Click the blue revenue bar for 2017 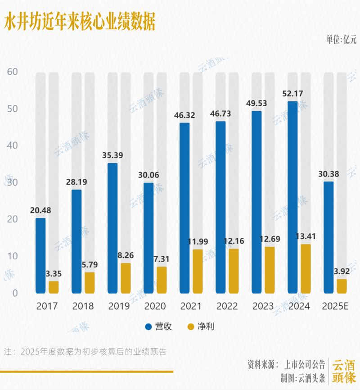(x=40, y=256)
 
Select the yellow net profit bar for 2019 (x=126, y=278)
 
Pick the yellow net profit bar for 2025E (x=342, y=286)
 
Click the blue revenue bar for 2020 (x=148, y=238)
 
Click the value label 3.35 (x=53, y=273)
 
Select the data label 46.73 (x=220, y=113)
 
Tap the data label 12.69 (x=270, y=239)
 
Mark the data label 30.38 (x=328, y=174)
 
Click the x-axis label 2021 (x=191, y=307)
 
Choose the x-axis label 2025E (x=335, y=307)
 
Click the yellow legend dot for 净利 (x=190, y=327)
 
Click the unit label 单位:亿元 (x=341, y=39)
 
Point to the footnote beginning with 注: (x=85, y=352)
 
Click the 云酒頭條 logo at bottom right (x=344, y=371)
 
